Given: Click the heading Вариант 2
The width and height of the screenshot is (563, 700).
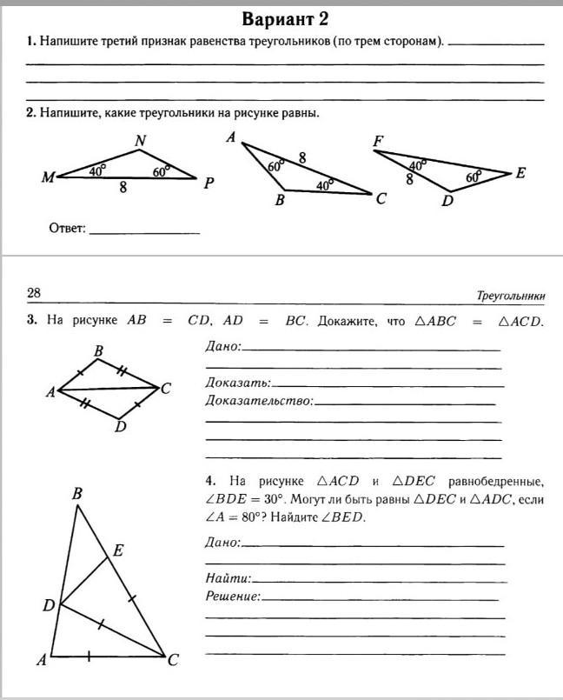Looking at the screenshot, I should [287, 18].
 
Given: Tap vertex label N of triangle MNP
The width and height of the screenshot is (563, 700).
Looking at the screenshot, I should [141, 140].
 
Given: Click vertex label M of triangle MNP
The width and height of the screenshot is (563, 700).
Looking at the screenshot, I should [48, 178].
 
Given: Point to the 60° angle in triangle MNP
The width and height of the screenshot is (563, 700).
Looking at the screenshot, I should [162, 171].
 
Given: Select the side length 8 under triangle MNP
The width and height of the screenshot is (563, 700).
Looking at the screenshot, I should [123, 187].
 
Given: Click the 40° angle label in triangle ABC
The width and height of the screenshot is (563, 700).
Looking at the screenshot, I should [324, 184].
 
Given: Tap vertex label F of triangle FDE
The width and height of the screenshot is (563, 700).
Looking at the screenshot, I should [378, 141].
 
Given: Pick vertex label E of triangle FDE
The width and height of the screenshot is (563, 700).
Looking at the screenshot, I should [520, 173].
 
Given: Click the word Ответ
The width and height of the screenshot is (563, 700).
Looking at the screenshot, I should [67, 229].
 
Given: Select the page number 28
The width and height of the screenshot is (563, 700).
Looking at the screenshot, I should [34, 293].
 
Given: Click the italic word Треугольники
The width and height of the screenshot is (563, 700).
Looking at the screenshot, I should [511, 296].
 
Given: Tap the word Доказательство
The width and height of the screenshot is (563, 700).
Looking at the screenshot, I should [258, 401].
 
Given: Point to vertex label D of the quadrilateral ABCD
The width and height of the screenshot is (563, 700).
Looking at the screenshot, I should [121, 426].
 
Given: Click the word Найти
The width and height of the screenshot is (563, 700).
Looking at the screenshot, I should [228, 577].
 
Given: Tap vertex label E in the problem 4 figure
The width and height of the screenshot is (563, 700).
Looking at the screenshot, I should [118, 550].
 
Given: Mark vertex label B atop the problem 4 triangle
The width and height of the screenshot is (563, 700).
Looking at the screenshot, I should [76, 494].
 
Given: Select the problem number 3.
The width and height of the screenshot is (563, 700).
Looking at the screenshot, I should [31, 320].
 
